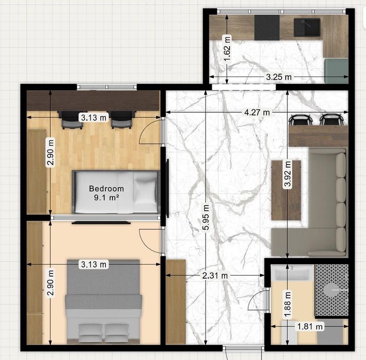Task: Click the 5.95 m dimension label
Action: (x=206, y=217)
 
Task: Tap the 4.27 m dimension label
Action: (x=257, y=113)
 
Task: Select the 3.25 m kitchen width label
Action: (x=279, y=77)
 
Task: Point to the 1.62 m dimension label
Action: (x=227, y=48)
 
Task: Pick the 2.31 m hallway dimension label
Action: (x=215, y=276)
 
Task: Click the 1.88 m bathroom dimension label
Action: (x=287, y=305)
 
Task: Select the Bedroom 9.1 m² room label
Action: (x=106, y=193)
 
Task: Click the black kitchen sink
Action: (x=307, y=28)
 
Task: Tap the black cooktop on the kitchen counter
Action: (x=267, y=28)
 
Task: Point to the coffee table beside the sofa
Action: (x=286, y=190)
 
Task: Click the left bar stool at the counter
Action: (x=299, y=120)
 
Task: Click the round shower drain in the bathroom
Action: (x=331, y=290)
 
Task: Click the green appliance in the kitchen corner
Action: (x=336, y=71)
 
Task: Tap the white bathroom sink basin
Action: (x=292, y=273)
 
